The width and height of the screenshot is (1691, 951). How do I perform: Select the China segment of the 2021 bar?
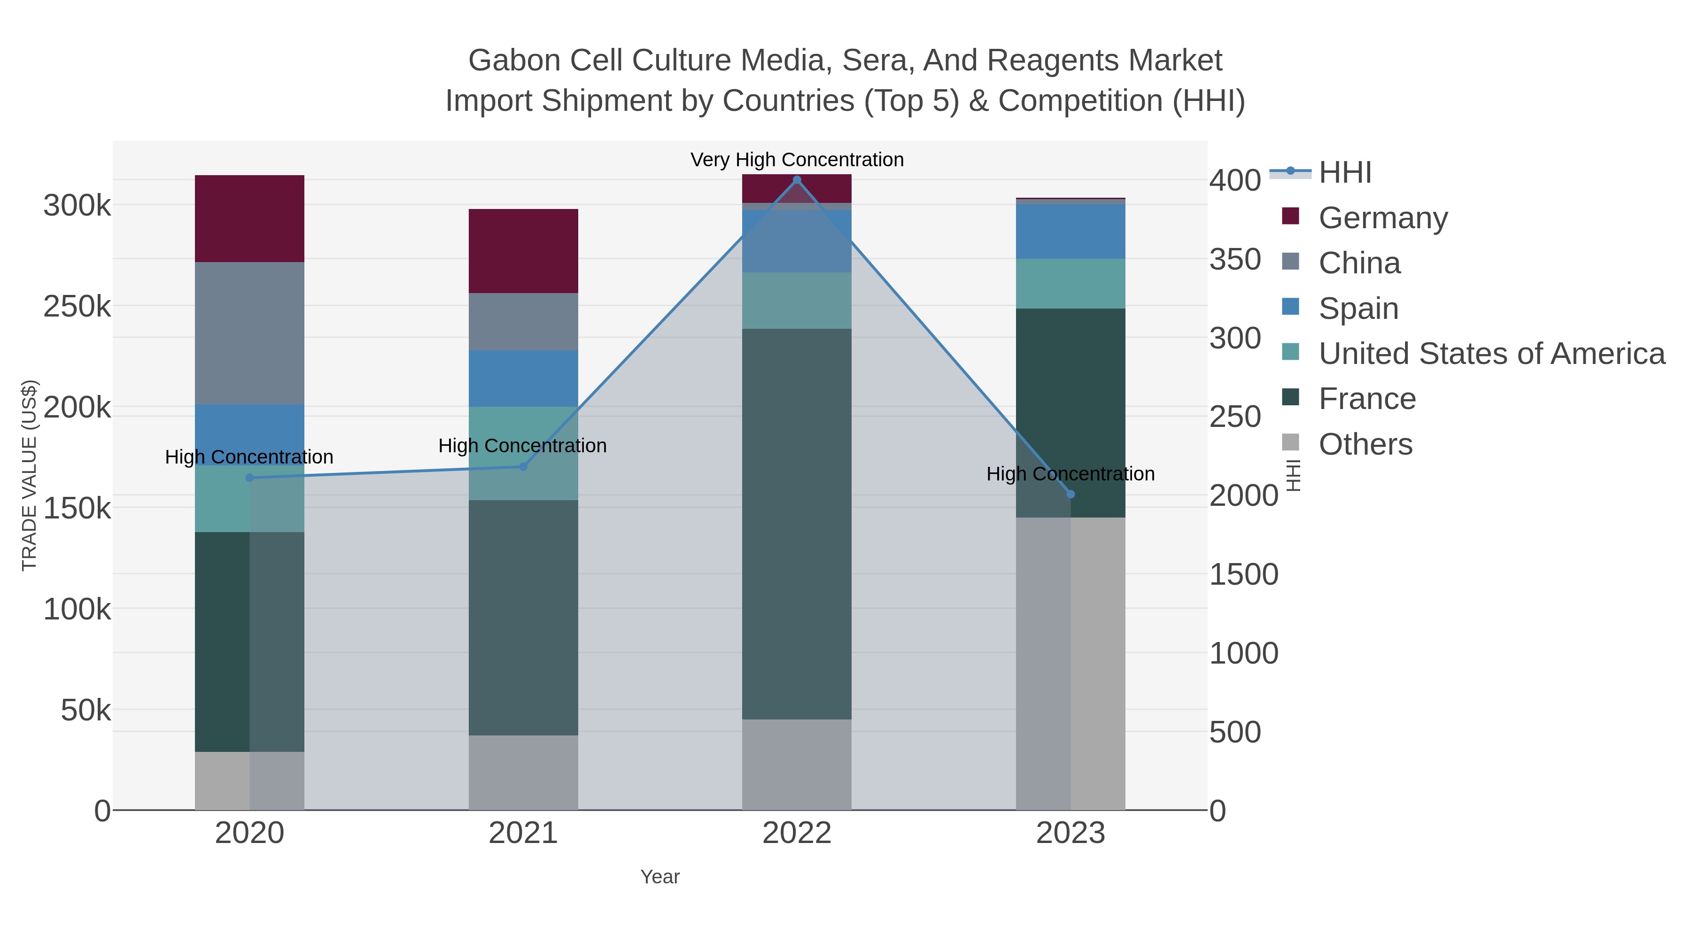coord(523,322)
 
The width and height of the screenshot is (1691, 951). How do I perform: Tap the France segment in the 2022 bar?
coord(796,524)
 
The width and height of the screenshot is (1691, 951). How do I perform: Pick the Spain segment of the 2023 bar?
coord(1070,231)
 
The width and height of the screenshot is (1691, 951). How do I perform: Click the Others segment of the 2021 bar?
coord(523,773)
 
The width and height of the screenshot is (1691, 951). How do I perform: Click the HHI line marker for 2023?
coord(1070,494)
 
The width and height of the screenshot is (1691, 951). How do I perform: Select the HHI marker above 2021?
coord(523,467)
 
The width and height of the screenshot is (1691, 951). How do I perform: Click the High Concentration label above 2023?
coord(1070,474)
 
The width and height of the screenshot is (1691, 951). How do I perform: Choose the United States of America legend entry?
coord(1491,354)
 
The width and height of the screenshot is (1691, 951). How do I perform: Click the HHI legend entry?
coord(1344,173)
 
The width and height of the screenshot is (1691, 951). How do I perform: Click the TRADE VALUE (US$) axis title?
coord(30,475)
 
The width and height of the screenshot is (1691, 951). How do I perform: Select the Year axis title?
coord(660,877)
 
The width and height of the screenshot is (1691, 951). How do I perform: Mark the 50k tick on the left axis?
coord(85,710)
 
